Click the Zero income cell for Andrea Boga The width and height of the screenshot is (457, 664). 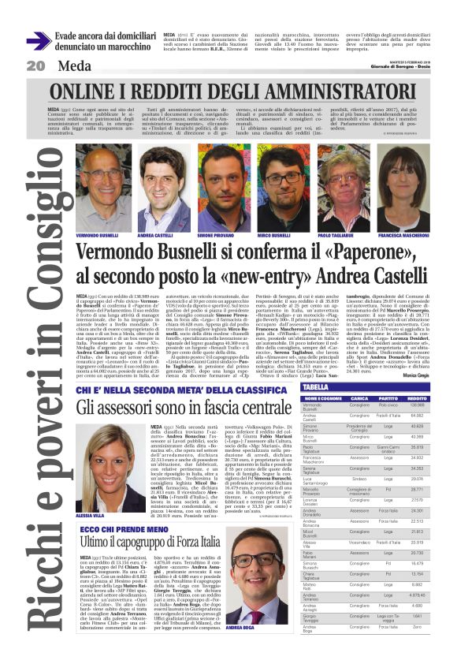429,651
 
